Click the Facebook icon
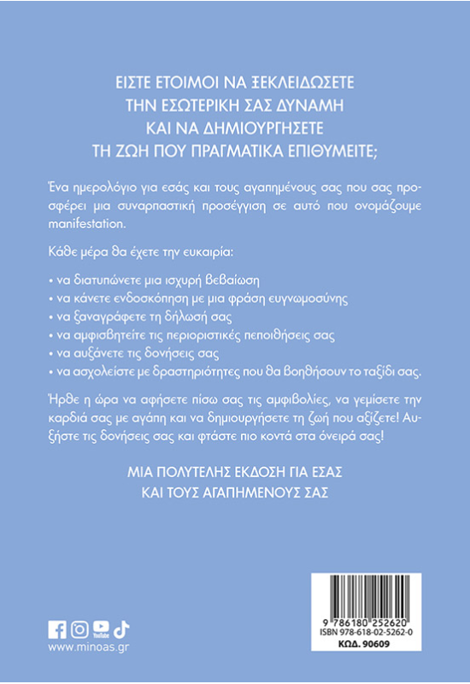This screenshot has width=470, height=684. (x=58, y=629)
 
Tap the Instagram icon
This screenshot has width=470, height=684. (x=79, y=629)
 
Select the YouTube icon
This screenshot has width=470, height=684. (x=101, y=629)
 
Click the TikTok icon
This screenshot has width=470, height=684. (x=120, y=629)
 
